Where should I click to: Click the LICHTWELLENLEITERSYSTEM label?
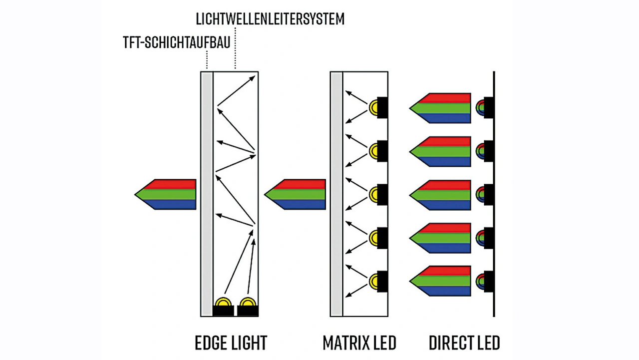click(x=270, y=19)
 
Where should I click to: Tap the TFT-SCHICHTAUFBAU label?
click(x=177, y=42)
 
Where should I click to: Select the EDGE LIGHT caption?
click(x=231, y=343)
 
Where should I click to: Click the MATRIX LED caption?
click(x=359, y=343)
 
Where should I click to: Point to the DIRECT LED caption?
click(x=464, y=343)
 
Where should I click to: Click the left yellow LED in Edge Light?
click(x=223, y=302)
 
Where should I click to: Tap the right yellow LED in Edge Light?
click(x=248, y=302)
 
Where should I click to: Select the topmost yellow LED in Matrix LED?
click(x=373, y=107)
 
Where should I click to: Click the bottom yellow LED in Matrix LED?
click(x=373, y=281)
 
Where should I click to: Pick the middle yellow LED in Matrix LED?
click(x=373, y=195)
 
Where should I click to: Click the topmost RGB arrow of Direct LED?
click(x=440, y=108)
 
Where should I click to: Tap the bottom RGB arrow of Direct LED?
click(x=440, y=281)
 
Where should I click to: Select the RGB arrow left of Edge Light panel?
click(x=165, y=195)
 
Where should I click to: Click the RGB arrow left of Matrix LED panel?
click(x=295, y=195)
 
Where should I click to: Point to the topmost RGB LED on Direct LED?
click(x=480, y=107)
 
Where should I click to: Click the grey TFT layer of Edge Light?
click(x=207, y=194)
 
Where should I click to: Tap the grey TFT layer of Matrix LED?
click(x=336, y=194)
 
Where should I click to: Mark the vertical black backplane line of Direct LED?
click(x=494, y=194)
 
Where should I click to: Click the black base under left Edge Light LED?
click(x=223, y=311)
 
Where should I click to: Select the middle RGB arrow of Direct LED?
click(x=440, y=195)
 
